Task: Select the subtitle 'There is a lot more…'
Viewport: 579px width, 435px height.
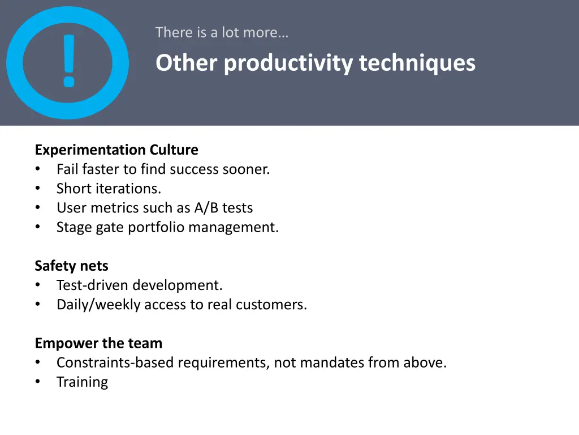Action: [222, 33]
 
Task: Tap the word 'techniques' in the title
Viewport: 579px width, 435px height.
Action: [417, 63]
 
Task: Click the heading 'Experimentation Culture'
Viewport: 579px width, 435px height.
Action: [116, 150]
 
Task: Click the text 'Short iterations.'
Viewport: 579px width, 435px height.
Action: [109, 189]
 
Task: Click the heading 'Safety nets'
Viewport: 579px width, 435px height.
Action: [71, 266]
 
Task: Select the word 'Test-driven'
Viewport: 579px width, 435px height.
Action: [93, 285]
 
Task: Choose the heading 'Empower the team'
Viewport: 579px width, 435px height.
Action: [98, 343]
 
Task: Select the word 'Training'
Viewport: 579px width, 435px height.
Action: [82, 382]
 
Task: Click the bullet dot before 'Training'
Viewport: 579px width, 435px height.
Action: [38, 382]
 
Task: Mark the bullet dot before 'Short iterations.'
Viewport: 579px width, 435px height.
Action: [38, 189]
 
